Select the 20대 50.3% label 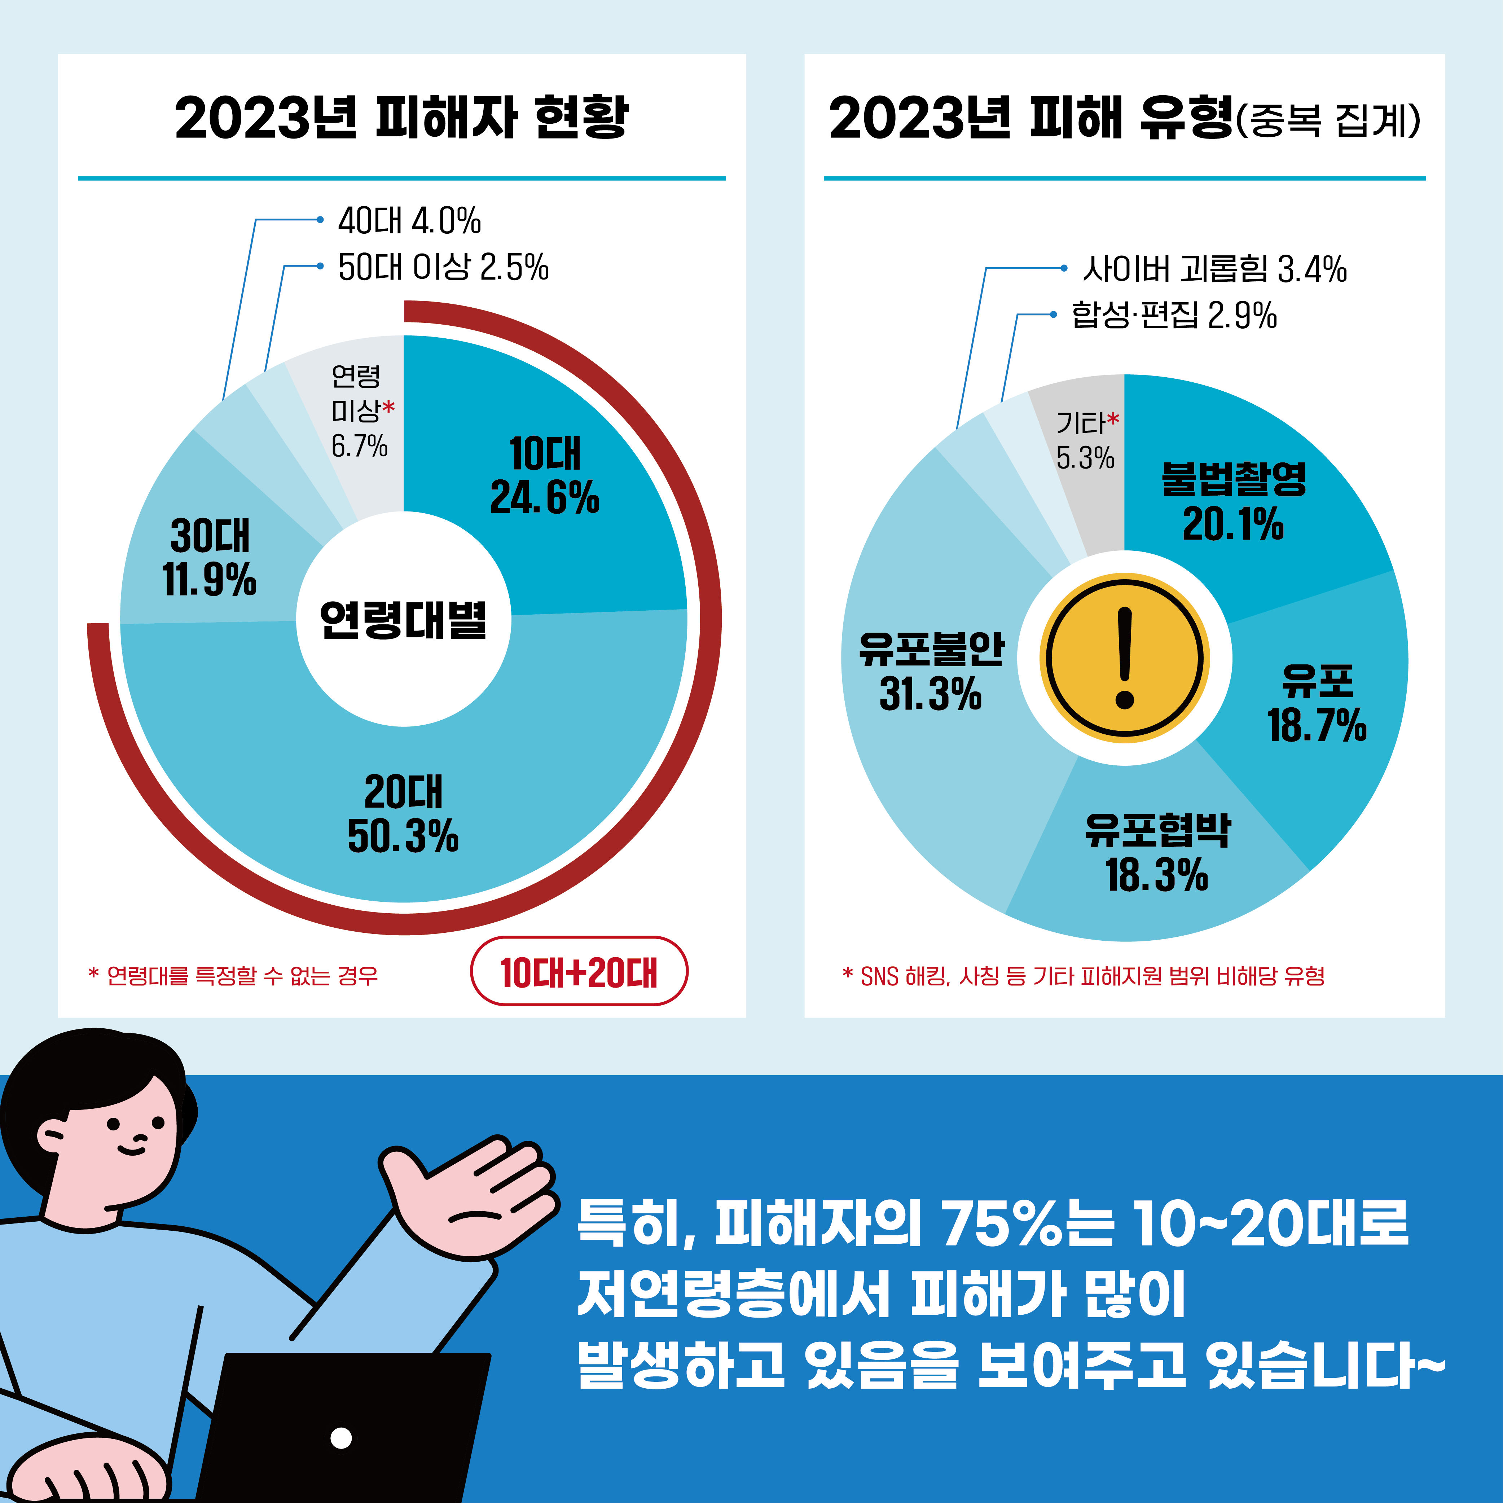403,814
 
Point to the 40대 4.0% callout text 409,221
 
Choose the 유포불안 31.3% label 931,671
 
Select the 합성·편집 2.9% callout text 1174,315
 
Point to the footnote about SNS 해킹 1084,976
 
